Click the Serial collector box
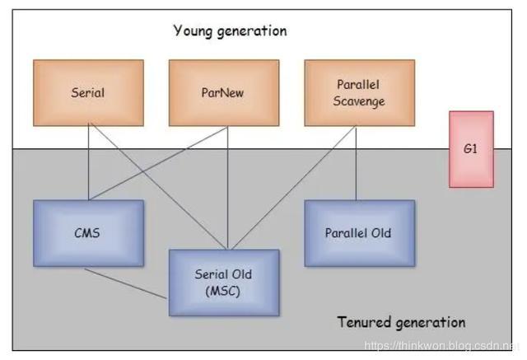pos(88,93)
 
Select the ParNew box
pos(224,93)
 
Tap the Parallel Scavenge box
pos(360,93)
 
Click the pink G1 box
pos(471,149)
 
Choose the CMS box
pos(88,233)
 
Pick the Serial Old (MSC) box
pos(224,283)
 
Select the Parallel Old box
pos(360,233)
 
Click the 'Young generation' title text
pos(231,31)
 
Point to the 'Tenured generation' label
pos(401,322)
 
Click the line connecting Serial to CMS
pos(88,163)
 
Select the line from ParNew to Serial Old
pos(227,188)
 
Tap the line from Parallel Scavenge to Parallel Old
pos(357,163)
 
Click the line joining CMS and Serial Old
pos(125,283)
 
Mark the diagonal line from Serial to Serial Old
pos(158,186)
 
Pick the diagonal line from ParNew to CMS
pos(158,163)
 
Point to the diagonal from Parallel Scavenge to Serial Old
pos(294,188)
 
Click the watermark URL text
pos(441,345)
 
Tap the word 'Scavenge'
pos(359,101)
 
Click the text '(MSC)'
pos(223,291)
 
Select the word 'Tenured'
pos(363,321)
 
